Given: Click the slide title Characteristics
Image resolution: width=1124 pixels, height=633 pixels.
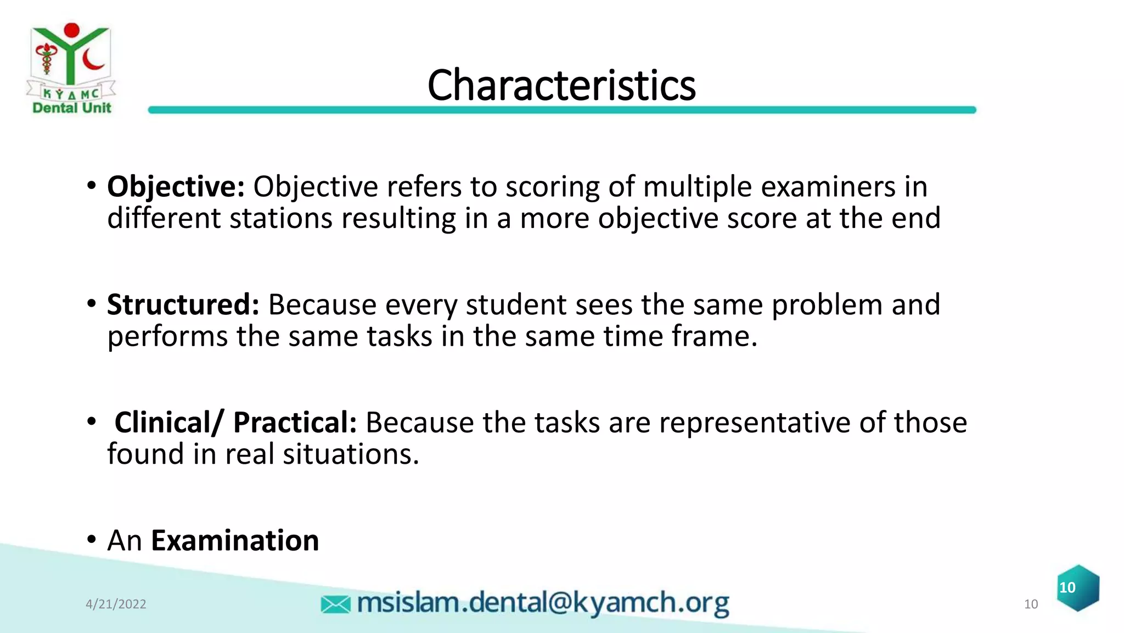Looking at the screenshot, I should coord(561,86).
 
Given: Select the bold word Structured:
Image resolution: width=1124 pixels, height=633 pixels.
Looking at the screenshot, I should coord(183,305).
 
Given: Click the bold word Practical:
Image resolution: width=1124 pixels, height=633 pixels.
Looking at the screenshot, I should coord(295,423).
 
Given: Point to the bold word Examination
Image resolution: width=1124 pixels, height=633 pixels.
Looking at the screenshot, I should coord(235,541).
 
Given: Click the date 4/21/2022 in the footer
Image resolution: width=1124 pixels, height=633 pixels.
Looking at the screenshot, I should coord(116,604).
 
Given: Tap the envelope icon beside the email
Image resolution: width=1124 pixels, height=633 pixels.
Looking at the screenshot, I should coord(335,604).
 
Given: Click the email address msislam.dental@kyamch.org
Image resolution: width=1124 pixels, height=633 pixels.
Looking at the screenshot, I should coord(542,603).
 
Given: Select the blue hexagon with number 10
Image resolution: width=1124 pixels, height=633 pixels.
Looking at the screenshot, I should coord(1078,588).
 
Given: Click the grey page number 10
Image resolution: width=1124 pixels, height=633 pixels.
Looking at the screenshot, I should coord(1031,604).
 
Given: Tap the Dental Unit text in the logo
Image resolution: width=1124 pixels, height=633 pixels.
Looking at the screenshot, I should coord(72,108).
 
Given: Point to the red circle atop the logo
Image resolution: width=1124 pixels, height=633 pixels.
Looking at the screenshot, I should coord(71,30).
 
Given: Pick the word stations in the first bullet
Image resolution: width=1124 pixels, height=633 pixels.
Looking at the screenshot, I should coord(281,219).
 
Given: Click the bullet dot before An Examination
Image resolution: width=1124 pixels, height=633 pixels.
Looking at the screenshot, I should coord(92,540).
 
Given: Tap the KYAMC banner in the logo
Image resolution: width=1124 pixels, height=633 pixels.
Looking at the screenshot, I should coord(71,93).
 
